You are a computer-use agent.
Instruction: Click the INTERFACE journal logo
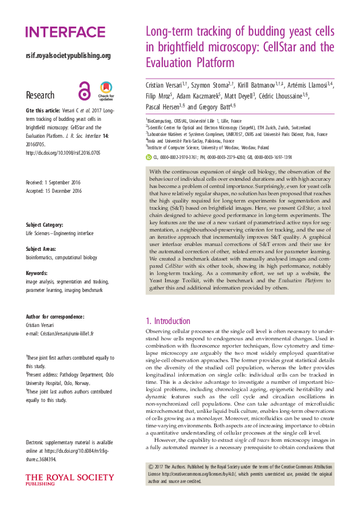click(65, 32)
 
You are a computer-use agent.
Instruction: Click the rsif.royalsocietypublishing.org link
click(68, 56)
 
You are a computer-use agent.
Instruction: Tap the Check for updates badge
click(106, 91)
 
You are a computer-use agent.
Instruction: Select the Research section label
click(40, 96)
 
